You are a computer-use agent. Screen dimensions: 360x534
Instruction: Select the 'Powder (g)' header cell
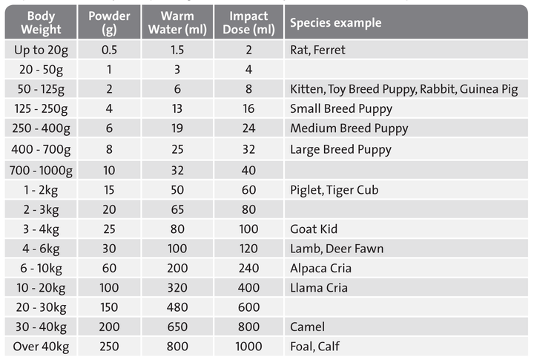click(109, 22)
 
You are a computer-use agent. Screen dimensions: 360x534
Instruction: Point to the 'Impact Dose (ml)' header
click(248, 22)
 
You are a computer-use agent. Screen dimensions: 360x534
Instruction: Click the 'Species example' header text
click(335, 22)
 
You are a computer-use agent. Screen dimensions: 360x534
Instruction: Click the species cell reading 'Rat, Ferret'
click(320, 50)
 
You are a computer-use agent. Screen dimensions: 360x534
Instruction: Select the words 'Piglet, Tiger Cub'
click(334, 190)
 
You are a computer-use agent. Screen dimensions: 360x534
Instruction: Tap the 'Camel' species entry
click(307, 327)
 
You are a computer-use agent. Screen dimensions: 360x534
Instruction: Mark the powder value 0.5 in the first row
click(109, 50)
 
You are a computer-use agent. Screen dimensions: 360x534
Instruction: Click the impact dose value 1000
click(248, 346)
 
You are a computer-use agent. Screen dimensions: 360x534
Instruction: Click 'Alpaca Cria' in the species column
click(320, 268)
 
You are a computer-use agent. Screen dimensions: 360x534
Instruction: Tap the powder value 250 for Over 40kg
click(109, 346)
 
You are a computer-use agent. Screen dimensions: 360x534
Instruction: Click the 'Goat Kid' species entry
click(314, 229)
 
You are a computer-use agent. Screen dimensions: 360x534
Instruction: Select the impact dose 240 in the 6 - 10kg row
click(248, 268)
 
